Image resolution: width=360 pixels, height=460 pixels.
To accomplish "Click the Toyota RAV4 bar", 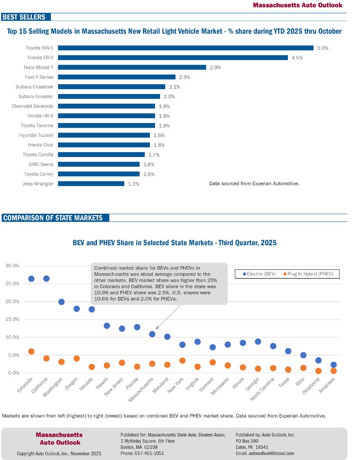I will [x=185, y=48].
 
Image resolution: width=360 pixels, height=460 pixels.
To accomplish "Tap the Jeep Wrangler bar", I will [x=91, y=183].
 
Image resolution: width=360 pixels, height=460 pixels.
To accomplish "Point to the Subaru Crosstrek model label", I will [x=34, y=87].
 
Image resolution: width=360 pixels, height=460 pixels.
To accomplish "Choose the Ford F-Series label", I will [x=39, y=77].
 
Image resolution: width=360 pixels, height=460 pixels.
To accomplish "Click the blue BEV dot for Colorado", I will [x=31, y=279].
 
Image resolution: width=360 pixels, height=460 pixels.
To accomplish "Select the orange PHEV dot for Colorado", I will [x=31, y=351].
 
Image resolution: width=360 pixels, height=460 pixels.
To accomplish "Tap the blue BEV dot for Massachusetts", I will [x=152, y=334].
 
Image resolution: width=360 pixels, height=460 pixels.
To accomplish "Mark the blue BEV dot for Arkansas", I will [x=334, y=365].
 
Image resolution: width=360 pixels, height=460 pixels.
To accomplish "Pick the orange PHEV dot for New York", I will [x=182, y=360].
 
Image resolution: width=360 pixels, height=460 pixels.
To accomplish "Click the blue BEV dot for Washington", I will [x=61, y=302].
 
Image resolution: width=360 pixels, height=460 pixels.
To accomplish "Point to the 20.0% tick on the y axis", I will [x=12, y=302].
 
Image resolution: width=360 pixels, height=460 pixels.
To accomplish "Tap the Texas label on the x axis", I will [x=284, y=382].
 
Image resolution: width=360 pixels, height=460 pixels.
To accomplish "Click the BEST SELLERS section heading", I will [x=24, y=17].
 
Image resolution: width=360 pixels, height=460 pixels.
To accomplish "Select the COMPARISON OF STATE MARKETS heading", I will [x=53, y=218].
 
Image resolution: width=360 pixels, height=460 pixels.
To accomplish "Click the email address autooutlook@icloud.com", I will [x=265, y=453].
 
